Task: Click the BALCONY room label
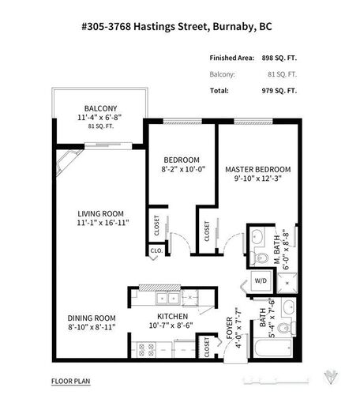(101, 109)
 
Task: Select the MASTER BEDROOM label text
(258, 169)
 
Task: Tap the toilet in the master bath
(260, 258)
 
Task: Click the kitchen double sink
(167, 298)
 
